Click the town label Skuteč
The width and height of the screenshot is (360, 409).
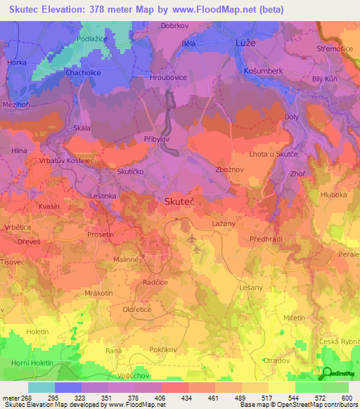point(179,200)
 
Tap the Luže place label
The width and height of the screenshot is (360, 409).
point(246,43)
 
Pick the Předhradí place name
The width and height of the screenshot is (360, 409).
point(266,240)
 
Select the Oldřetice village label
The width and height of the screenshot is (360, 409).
point(137,309)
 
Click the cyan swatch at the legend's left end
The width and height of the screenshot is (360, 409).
point(41,387)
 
